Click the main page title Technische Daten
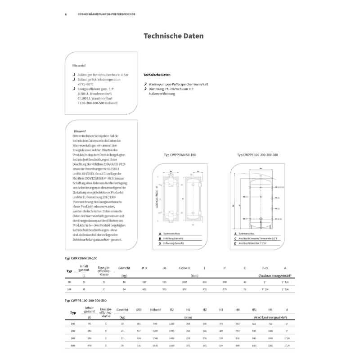click(x=173, y=36)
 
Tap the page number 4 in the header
click(x=66, y=14)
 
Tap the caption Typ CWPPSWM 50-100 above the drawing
click(x=180, y=155)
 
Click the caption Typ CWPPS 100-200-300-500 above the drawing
click(x=257, y=155)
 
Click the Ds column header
click(x=164, y=268)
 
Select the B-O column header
click(x=265, y=268)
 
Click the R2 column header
click(x=172, y=310)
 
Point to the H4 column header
click(x=237, y=310)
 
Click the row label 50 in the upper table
click(x=69, y=282)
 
